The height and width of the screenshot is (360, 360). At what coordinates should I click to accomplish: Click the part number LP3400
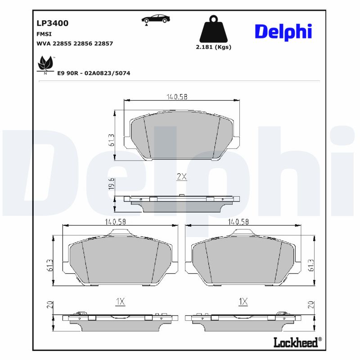point(52,23)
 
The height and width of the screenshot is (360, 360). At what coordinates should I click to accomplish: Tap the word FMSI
point(44,34)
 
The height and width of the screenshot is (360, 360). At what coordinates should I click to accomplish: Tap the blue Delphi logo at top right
point(283,31)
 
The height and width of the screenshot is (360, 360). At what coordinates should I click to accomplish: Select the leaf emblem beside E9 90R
point(45,64)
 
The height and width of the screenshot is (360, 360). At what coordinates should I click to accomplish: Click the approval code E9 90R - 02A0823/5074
point(94,73)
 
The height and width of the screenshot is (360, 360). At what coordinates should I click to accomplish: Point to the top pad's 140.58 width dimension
point(177,97)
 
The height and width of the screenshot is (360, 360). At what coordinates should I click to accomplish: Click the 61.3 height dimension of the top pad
point(111,140)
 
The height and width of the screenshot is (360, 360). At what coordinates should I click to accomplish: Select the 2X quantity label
point(181,177)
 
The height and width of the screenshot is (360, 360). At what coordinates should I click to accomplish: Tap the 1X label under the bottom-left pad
point(120,302)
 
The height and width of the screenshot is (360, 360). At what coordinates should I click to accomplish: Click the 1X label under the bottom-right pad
point(243,302)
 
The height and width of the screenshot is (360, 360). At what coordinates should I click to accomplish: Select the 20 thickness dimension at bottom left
point(49,306)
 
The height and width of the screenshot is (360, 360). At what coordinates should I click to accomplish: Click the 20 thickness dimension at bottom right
point(310,305)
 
